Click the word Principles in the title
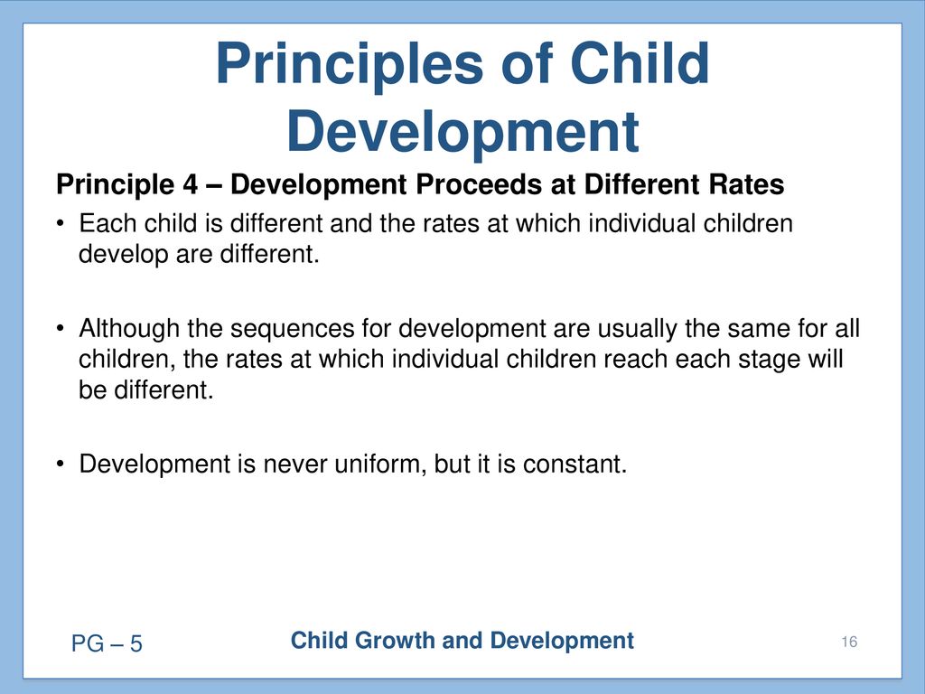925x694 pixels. click(x=350, y=65)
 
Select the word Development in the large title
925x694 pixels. click(x=463, y=133)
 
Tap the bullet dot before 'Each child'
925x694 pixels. click(x=60, y=223)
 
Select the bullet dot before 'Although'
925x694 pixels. click(x=60, y=328)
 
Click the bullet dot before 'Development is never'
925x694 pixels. click(x=60, y=464)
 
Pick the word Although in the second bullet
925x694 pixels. click(x=129, y=329)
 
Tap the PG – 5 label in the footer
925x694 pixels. click(x=107, y=643)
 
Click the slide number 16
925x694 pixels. click(x=849, y=642)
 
